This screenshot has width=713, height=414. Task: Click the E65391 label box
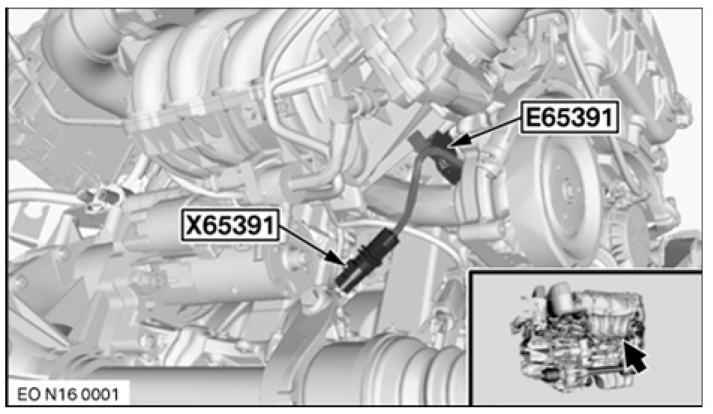(x=569, y=118)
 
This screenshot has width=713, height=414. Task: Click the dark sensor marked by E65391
(x=439, y=152)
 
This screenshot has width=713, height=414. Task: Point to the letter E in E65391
(x=533, y=118)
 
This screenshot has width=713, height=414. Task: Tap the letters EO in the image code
(x=28, y=394)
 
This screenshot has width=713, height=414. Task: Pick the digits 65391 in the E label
(x=577, y=118)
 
